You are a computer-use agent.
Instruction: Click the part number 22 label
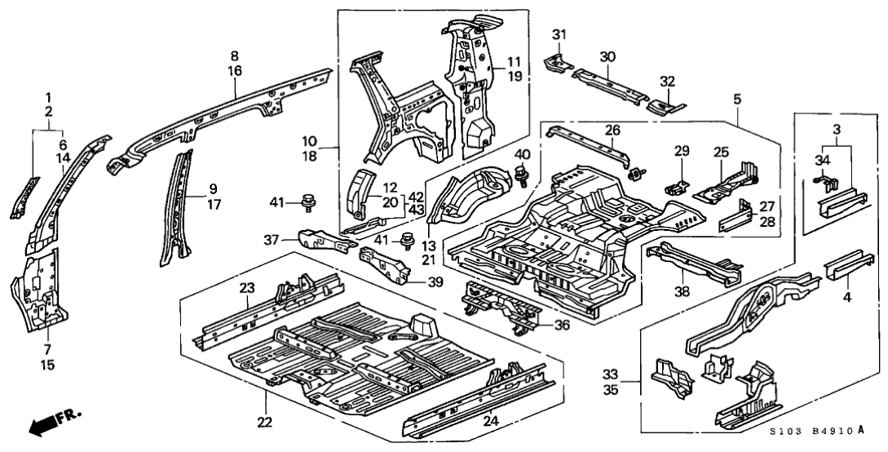click(265, 422)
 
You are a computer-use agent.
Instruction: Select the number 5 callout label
click(737, 99)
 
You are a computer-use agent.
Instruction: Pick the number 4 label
click(846, 298)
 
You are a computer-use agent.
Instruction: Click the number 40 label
click(522, 153)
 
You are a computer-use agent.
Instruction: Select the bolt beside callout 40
click(520, 172)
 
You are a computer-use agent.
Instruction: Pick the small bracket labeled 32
click(665, 104)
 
